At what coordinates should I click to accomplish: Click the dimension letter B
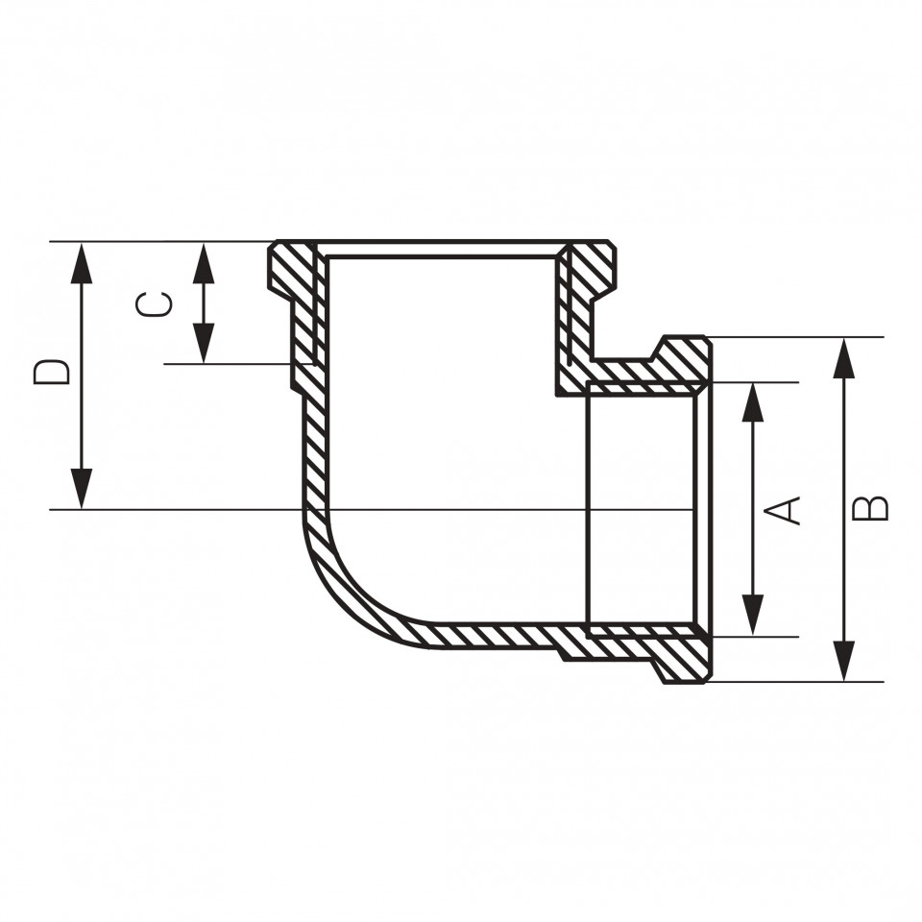pyautogui.click(x=870, y=509)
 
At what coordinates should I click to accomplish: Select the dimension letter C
pyautogui.click(x=154, y=304)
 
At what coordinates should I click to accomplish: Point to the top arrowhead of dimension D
pyautogui.click(x=81, y=263)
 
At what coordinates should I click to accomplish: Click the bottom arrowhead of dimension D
pyautogui.click(x=81, y=488)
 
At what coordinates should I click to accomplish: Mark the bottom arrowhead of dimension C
pyautogui.click(x=204, y=343)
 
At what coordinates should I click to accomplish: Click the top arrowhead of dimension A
pyautogui.click(x=753, y=402)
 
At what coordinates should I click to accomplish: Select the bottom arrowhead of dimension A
pyautogui.click(x=753, y=615)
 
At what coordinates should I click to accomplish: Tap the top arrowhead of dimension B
pyautogui.click(x=844, y=358)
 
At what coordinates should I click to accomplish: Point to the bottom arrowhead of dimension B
pyautogui.click(x=844, y=661)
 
